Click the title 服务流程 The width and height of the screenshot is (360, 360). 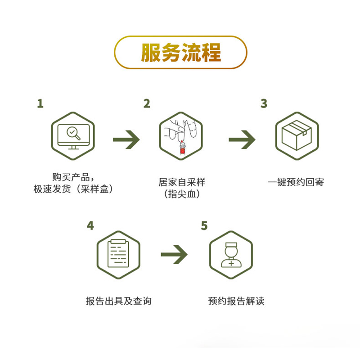click(x=180, y=53)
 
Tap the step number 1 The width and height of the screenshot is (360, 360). click(x=40, y=103)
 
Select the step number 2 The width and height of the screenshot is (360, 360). click(x=147, y=103)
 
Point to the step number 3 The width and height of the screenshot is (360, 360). click(x=264, y=103)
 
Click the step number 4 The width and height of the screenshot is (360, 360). click(x=90, y=225)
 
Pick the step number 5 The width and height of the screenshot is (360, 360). click(x=204, y=225)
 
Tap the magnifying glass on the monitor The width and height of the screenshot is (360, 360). click(x=73, y=132)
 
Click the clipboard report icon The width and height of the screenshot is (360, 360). click(x=119, y=255)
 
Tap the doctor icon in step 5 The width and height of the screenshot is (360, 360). click(x=231, y=255)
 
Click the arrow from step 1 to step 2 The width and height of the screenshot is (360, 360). click(x=126, y=140)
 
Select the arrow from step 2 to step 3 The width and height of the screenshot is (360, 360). click(x=242, y=140)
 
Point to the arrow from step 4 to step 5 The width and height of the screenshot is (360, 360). click(x=174, y=255)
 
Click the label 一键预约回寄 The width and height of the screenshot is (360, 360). click(x=296, y=183)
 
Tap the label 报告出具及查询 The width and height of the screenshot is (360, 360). click(x=118, y=301)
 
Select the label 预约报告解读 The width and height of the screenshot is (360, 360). click(x=236, y=301)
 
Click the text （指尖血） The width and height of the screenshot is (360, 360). click(x=181, y=194)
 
